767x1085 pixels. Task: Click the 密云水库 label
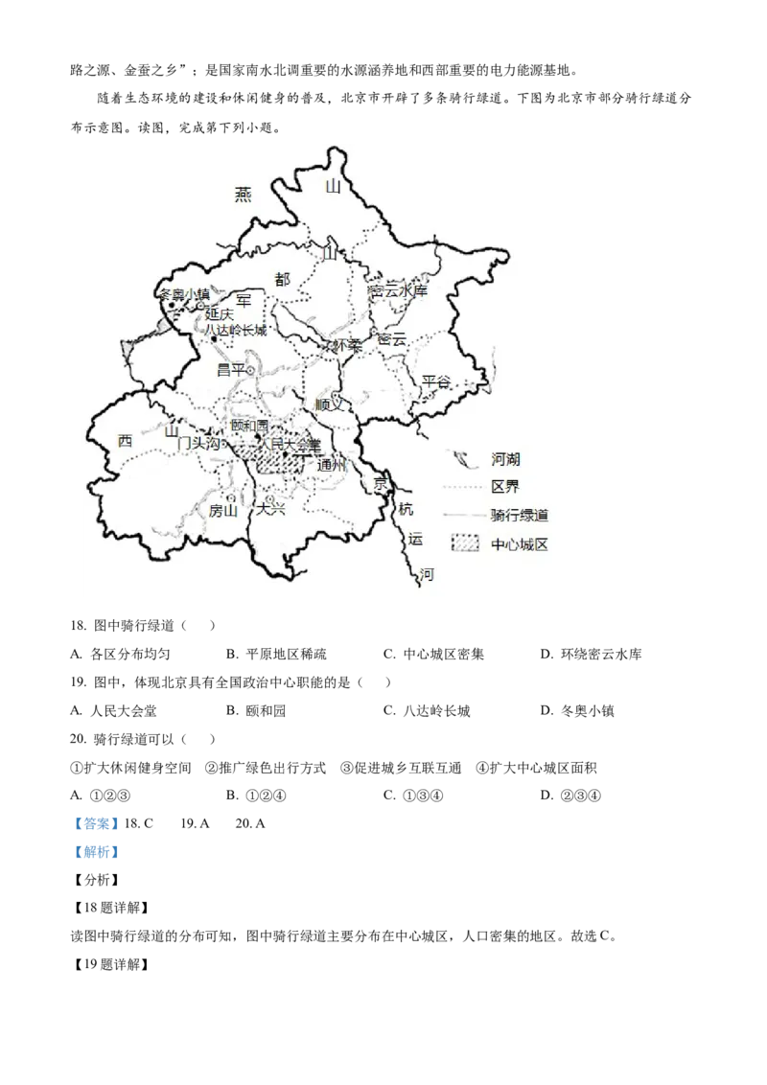398,290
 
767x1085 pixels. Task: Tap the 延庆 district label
220,313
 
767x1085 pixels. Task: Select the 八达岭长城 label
235,330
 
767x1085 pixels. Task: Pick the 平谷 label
436,381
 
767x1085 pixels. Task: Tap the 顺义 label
329,404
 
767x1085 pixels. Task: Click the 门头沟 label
198,444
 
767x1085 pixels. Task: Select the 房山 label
222,511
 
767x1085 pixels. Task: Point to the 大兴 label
270,510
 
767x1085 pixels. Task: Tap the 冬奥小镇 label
184,294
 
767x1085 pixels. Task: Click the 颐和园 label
250,426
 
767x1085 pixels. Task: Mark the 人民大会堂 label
292,444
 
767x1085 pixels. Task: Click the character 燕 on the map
243,195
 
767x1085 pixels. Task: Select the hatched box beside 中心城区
465,543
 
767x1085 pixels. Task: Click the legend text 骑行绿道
520,516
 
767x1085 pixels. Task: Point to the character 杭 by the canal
406,510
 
